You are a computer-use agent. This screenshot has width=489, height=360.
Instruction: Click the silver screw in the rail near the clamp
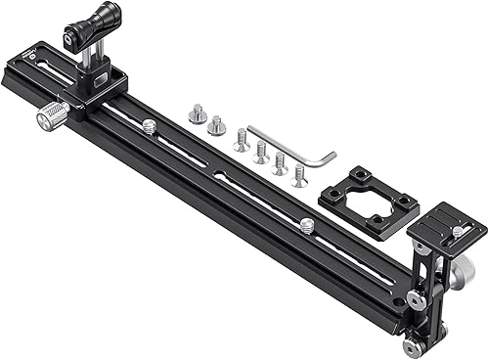coord(149,125)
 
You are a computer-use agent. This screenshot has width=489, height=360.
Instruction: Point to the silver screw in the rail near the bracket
coord(306,225)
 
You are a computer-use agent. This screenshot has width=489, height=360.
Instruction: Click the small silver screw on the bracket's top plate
coord(456,231)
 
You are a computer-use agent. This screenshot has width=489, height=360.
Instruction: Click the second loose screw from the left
coord(216,126)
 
